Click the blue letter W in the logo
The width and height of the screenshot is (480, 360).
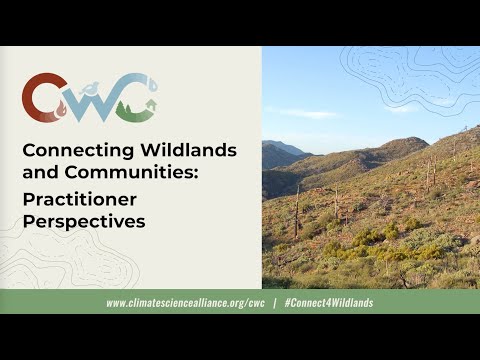point(90,100)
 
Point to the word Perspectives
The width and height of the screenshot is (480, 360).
point(84,221)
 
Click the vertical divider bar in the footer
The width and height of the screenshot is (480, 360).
point(273,302)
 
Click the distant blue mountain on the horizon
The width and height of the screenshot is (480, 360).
point(284,150)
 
